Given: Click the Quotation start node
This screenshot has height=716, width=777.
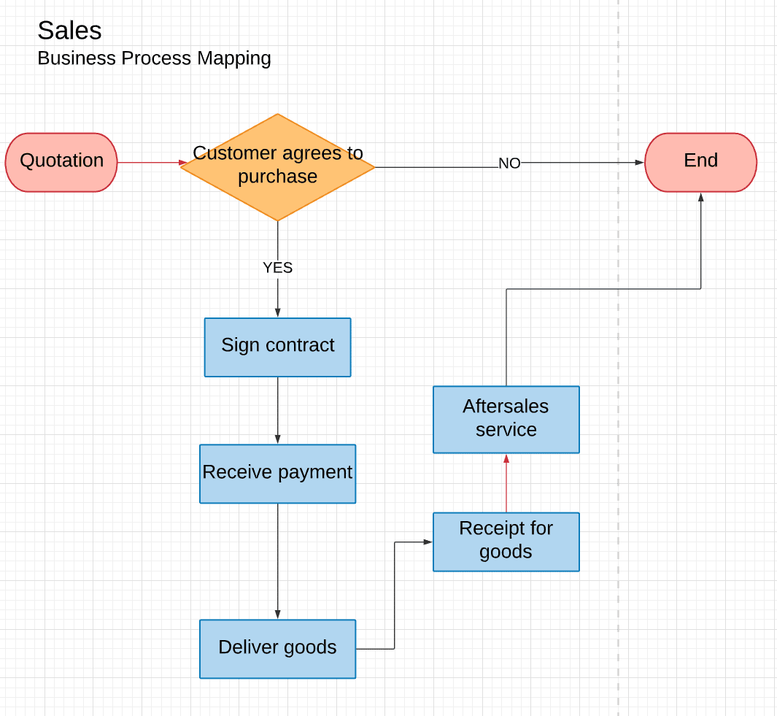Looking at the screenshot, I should click(61, 162).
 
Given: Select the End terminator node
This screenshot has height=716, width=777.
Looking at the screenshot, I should click(700, 162).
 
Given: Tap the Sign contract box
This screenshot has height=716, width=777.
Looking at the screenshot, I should click(277, 347).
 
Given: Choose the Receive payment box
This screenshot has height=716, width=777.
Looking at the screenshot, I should click(277, 474).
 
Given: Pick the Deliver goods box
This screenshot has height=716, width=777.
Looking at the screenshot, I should click(277, 649).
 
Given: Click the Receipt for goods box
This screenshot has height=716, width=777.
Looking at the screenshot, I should click(506, 542).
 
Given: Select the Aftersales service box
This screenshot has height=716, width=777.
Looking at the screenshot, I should click(506, 420).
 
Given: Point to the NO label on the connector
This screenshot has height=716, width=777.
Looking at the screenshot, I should click(509, 163).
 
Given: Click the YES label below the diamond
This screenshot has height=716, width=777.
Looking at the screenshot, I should click(277, 268).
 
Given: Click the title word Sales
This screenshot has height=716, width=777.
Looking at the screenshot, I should click(69, 31).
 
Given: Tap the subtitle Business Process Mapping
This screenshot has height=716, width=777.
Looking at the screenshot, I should click(154, 58).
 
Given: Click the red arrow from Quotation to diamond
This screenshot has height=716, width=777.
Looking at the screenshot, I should click(150, 162).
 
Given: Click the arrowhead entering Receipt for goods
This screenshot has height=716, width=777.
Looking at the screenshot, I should click(428, 542).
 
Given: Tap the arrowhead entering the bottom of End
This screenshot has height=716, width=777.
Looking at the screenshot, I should click(700, 197).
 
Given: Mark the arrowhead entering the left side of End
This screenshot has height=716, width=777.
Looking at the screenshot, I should click(639, 162).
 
